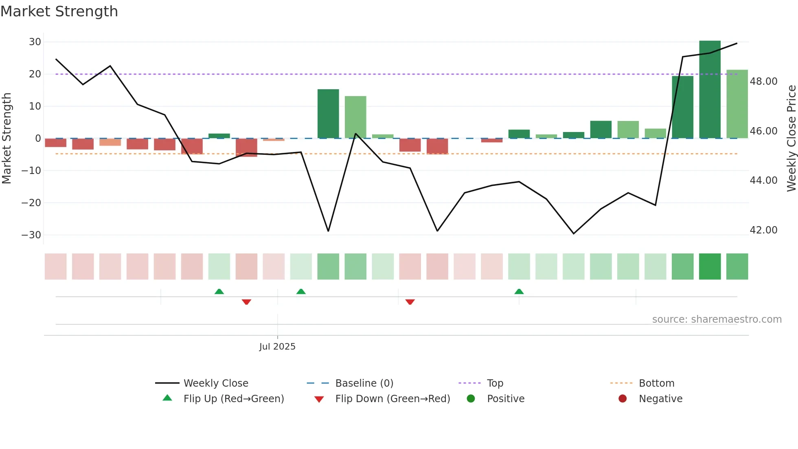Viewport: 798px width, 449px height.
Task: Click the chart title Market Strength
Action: coord(59,11)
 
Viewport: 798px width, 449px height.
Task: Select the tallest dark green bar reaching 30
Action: coord(710,90)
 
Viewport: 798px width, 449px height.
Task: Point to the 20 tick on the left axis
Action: coord(35,74)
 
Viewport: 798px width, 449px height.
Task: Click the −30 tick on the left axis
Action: coord(32,235)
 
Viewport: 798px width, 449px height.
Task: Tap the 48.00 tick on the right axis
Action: coord(763,81)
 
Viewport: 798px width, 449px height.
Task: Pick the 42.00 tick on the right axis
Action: coord(763,230)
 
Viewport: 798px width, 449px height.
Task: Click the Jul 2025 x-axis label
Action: coord(277,347)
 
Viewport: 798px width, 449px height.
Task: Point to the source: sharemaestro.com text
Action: coord(717,319)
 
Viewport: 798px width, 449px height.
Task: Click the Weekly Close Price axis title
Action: coord(791,139)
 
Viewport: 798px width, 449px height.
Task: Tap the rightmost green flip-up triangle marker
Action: coord(519,292)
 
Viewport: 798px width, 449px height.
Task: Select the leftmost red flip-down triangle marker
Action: coord(246,302)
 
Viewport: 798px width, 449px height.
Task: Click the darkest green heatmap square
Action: coord(710,266)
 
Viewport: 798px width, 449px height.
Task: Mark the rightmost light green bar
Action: coord(737,104)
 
